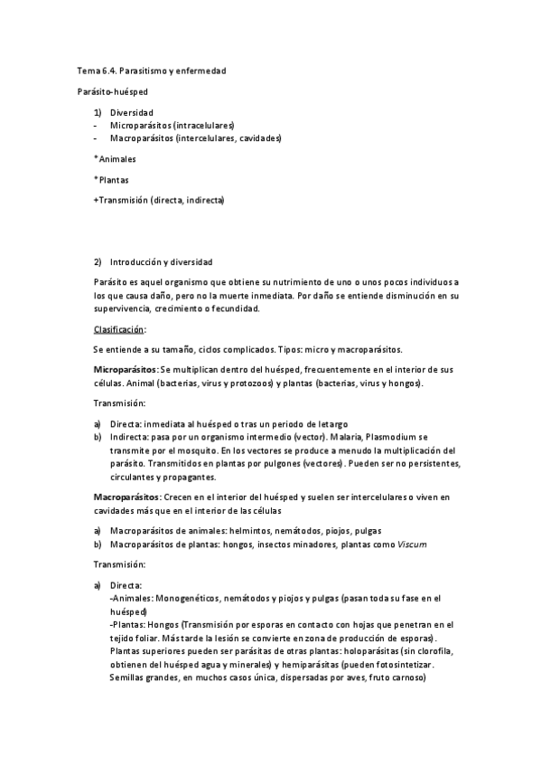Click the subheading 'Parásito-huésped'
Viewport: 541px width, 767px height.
[x=113, y=91]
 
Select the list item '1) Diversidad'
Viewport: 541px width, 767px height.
[x=131, y=112]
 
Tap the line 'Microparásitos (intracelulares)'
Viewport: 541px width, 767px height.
[x=172, y=125]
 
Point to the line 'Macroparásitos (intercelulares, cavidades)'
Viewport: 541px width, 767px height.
[x=195, y=138]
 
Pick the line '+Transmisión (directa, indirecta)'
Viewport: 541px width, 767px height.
[x=159, y=200]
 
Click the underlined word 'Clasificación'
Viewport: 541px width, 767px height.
[x=119, y=329]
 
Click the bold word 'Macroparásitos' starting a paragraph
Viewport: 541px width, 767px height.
[x=126, y=497]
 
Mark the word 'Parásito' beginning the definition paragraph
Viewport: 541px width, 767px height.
[x=110, y=283]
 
